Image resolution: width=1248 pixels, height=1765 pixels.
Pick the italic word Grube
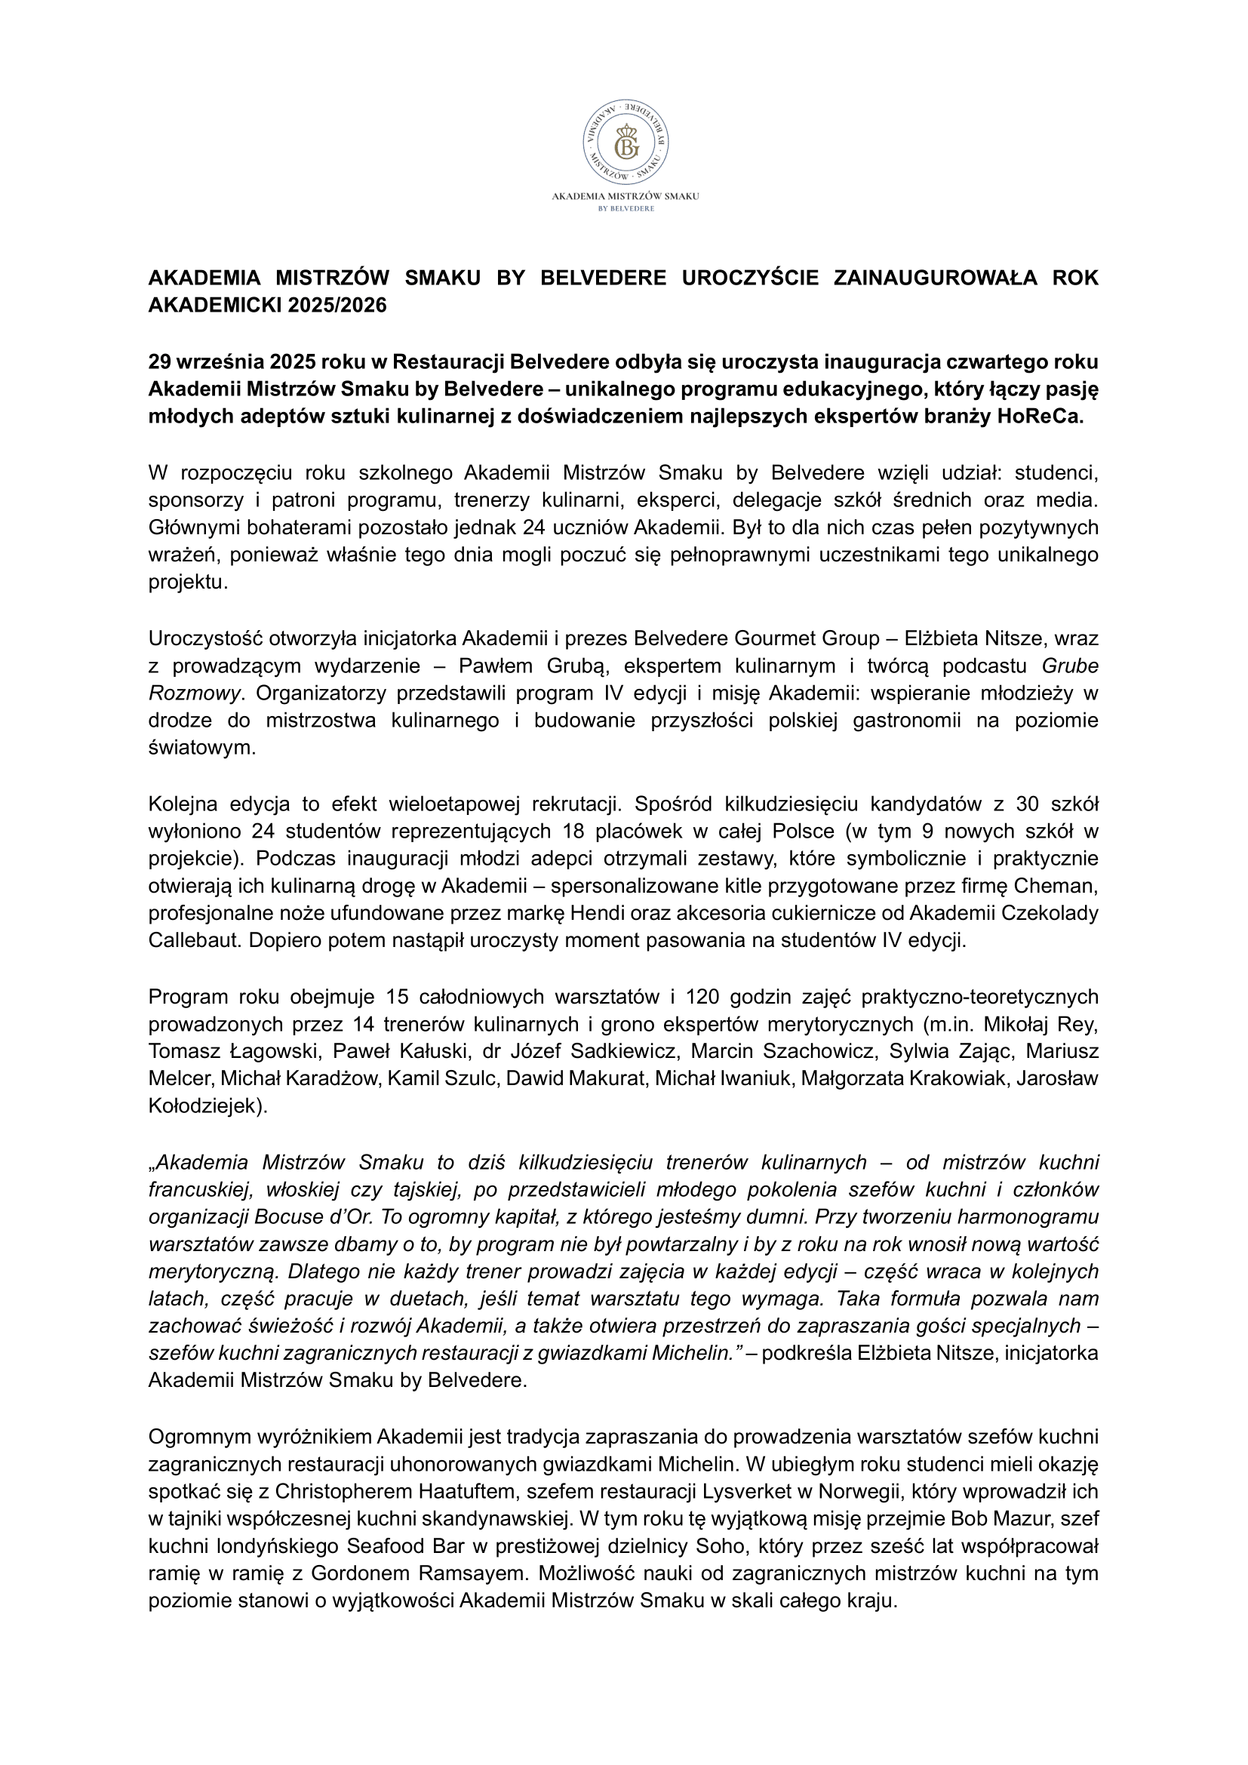click(1070, 665)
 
